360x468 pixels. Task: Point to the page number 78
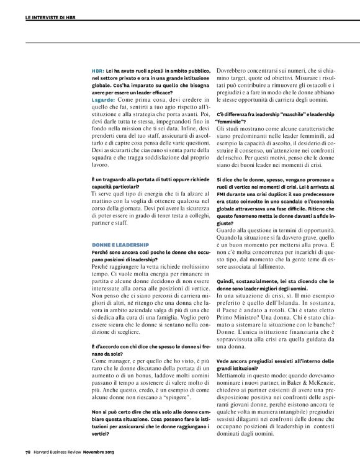pyautogui.click(x=29, y=459)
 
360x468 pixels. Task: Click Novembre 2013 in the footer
pyautogui.click(x=97, y=459)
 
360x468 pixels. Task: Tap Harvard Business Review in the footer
pyautogui.click(x=58, y=459)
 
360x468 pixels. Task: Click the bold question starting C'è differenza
pyautogui.click(x=272, y=115)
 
